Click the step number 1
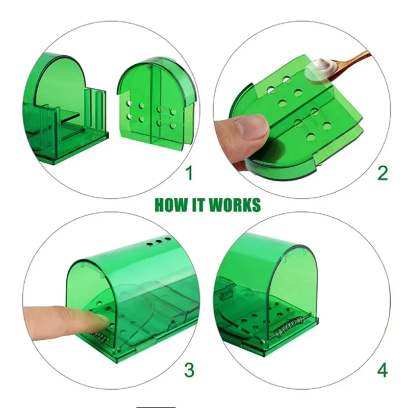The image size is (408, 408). (x=189, y=174)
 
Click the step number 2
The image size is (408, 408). (x=382, y=173)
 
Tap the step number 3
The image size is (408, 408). (x=189, y=370)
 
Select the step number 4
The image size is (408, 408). (x=382, y=370)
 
